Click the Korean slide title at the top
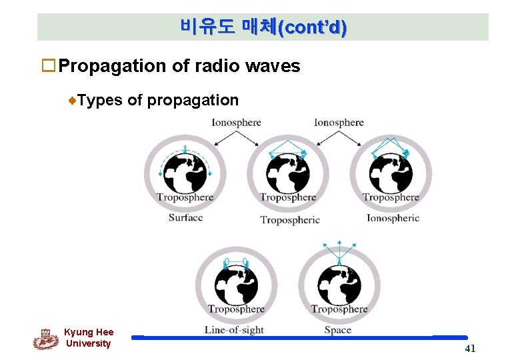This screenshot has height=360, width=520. [x=263, y=27]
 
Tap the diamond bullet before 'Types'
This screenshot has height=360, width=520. [x=74, y=101]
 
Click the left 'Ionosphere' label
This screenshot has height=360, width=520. [x=236, y=123]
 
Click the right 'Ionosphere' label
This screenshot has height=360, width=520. [x=339, y=123]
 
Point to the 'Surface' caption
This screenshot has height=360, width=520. [x=185, y=218]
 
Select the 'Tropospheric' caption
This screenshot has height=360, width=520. [x=289, y=219]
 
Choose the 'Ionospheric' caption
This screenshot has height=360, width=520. [x=393, y=218]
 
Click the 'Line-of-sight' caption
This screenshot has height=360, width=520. [x=234, y=330]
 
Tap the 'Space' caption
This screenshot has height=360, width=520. [x=338, y=330]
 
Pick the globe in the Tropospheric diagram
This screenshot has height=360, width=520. [x=288, y=172]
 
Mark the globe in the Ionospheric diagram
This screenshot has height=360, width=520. [x=391, y=172]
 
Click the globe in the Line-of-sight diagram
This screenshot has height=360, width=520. [x=236, y=285]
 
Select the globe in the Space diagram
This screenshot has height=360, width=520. [x=339, y=285]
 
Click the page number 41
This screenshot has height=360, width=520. [x=470, y=348]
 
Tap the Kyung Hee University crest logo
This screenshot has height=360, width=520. [x=45, y=339]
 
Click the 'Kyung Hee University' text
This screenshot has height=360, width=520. [x=89, y=338]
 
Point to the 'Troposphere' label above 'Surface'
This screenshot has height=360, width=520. [x=185, y=197]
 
